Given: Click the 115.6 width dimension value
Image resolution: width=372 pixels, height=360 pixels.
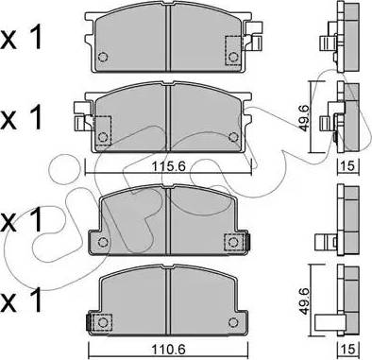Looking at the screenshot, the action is [169, 165].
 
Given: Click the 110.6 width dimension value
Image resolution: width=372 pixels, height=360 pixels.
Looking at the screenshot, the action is [169, 349].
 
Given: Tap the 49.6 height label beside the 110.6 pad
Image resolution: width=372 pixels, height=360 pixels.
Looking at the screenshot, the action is [304, 300].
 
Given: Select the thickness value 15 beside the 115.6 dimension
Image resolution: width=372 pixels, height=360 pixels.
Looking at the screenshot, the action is [348, 165].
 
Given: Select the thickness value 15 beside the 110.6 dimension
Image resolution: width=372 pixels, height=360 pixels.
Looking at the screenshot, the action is [348, 349].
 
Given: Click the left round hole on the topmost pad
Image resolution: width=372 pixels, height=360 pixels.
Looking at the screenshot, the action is [103, 57].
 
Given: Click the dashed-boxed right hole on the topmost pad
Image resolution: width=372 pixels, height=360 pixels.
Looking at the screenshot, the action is [233, 57].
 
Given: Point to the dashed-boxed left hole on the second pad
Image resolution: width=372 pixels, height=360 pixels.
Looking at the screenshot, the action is [103, 137].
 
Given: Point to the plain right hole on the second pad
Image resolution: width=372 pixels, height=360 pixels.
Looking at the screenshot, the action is [233, 137].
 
